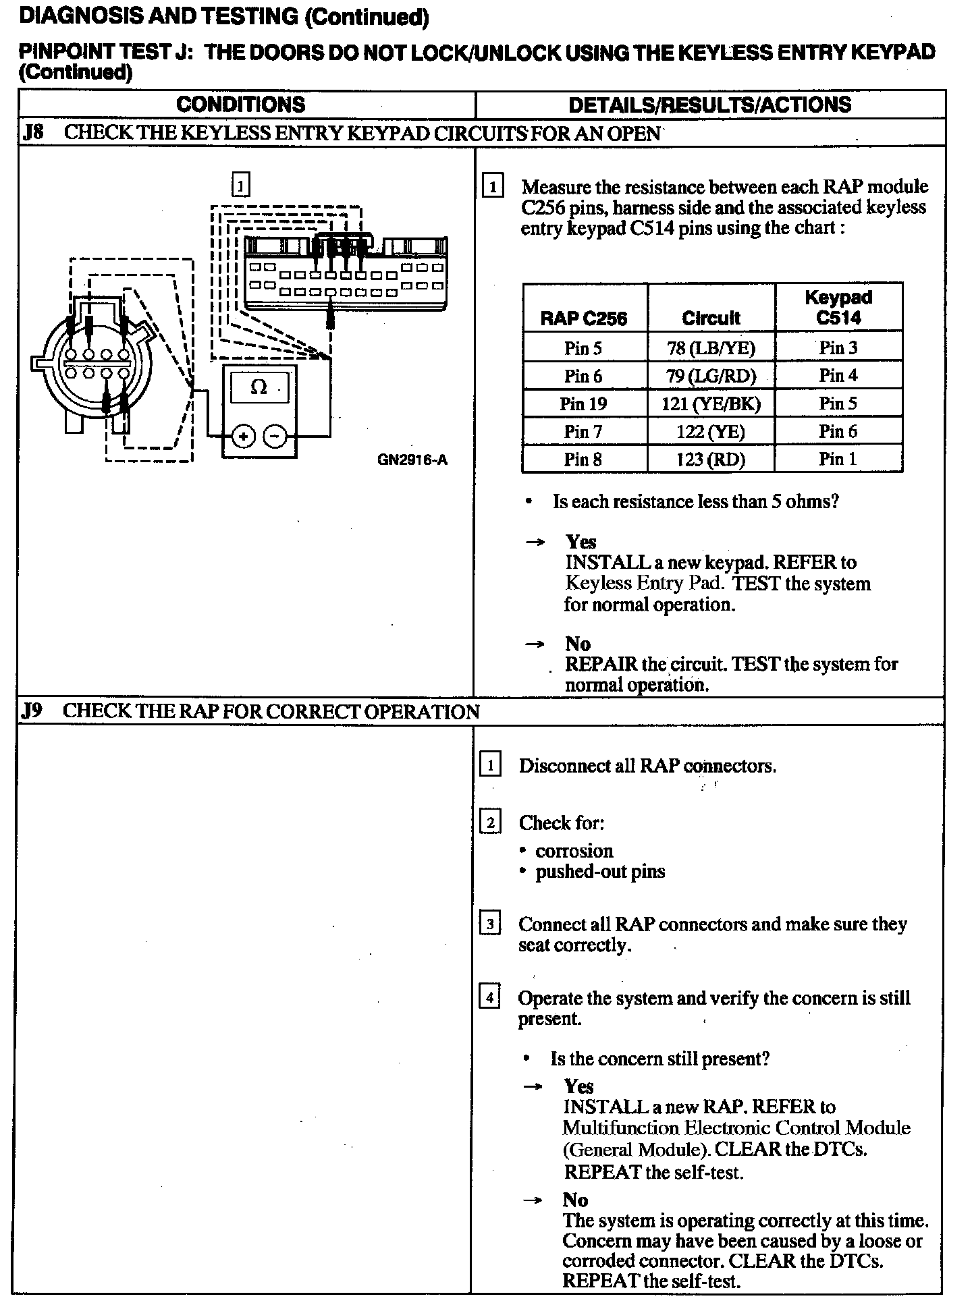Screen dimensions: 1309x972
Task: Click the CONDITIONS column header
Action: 241,105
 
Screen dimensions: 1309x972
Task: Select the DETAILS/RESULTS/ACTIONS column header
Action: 709,105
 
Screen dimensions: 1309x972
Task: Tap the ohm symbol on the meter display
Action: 259,387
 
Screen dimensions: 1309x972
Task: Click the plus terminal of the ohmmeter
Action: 243,437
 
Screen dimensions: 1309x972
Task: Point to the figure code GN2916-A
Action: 412,460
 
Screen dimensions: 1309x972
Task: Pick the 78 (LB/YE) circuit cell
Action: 711,348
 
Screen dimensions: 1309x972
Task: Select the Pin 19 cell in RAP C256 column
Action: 583,403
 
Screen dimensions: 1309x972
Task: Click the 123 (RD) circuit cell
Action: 711,459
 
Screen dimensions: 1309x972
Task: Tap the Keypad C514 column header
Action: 838,308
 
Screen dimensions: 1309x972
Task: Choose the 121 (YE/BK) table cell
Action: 711,403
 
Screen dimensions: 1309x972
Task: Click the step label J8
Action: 33,133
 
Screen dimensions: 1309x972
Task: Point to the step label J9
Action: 32,711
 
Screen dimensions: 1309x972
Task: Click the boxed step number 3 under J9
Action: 489,924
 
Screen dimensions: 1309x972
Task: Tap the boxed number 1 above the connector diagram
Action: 240,185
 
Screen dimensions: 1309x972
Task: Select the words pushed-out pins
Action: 600,871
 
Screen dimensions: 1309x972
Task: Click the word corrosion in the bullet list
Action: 574,851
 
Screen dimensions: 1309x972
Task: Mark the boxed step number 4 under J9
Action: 489,997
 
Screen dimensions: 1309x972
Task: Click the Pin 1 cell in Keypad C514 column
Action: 838,459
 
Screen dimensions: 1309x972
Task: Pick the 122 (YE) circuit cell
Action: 711,432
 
